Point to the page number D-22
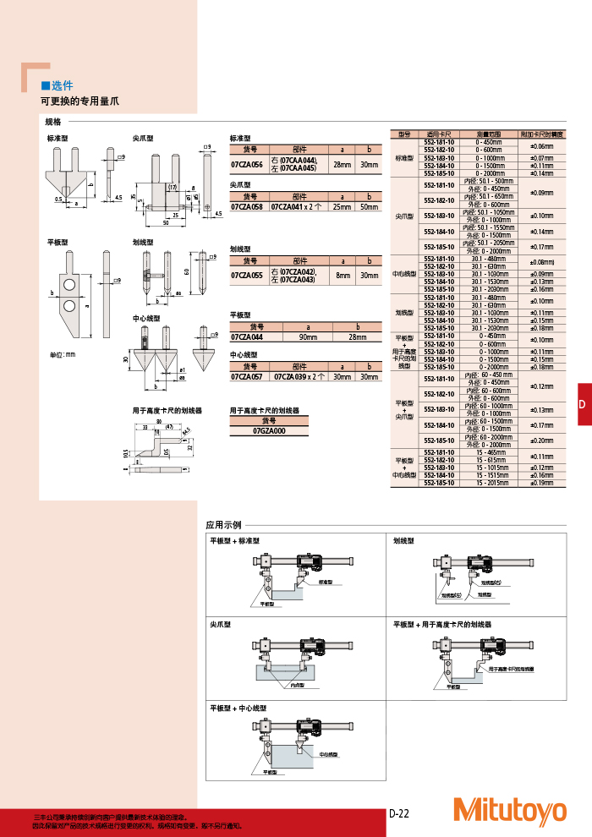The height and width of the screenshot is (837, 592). [399, 813]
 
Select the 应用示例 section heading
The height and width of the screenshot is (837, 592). [224, 524]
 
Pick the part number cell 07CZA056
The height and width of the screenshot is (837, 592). [247, 164]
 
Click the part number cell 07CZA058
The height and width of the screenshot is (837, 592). [247, 206]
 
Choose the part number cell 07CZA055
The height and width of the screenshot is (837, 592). [247, 275]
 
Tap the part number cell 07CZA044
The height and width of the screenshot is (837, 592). [247, 336]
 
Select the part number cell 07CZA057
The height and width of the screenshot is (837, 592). [247, 377]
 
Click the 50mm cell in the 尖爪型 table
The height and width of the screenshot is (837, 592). [369, 206]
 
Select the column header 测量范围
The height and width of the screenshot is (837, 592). [490, 134]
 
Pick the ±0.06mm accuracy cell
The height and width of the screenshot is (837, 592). [541, 146]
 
